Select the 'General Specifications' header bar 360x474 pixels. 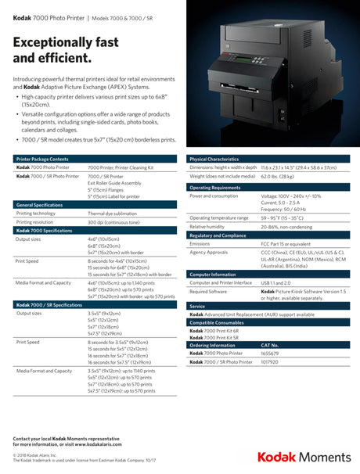(40, 205)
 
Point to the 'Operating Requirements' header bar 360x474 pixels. (214, 188)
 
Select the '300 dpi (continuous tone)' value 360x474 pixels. (117, 222)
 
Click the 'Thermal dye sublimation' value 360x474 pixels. (114, 213)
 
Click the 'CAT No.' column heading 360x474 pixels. (270, 345)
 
